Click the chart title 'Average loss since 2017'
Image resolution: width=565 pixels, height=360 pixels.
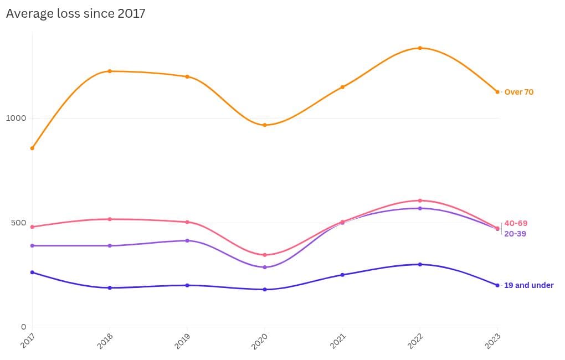75,13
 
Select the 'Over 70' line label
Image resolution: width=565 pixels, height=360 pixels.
518,92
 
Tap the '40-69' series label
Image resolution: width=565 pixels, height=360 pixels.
516,223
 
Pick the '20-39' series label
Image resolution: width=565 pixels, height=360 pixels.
515,234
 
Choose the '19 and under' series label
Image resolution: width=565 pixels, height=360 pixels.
528,285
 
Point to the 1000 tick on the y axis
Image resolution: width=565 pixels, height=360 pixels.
16,118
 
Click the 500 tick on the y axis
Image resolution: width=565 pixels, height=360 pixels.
18,223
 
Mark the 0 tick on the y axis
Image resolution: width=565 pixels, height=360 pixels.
24,327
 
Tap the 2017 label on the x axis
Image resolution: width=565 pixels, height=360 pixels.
27,340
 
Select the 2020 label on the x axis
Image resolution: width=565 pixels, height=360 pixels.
259,340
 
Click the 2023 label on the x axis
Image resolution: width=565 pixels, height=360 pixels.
492,340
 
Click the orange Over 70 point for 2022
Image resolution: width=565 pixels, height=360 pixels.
420,48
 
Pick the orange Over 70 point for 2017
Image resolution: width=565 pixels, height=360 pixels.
32,148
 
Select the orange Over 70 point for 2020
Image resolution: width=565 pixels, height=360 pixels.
265,125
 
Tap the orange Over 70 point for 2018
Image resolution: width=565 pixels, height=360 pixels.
110,71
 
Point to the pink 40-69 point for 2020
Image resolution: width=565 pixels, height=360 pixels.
265,255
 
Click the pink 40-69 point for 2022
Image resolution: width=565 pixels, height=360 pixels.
420,200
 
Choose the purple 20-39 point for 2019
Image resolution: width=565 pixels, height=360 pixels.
187,240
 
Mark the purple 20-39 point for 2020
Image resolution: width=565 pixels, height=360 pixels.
265,267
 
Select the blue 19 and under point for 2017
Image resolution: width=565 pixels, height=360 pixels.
32,272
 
